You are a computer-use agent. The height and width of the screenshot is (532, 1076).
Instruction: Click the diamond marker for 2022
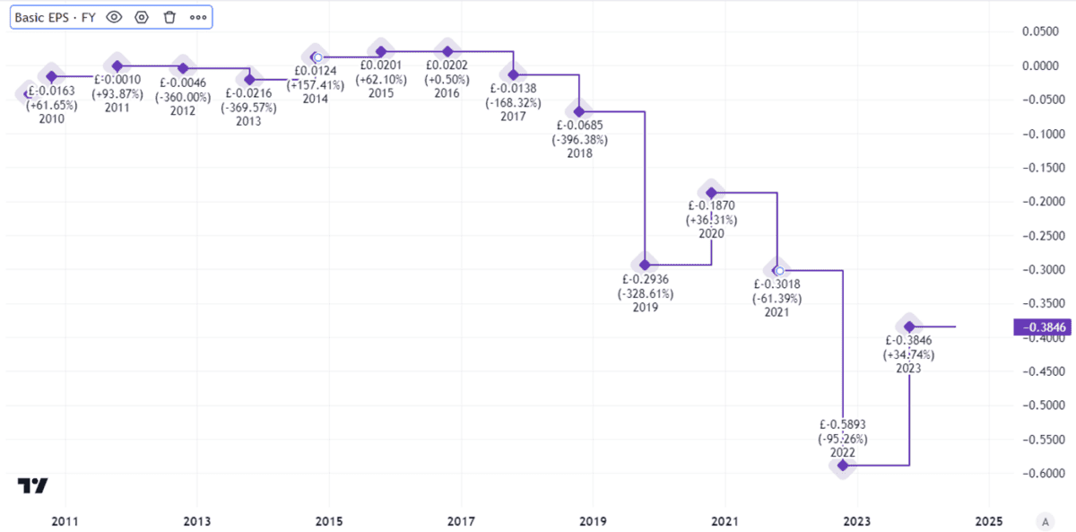click(843, 465)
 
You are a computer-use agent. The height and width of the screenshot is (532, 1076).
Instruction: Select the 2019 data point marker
click(645, 264)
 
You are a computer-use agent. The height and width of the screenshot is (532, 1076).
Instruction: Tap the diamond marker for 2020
click(711, 192)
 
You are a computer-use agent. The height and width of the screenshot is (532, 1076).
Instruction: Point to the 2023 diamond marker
click(909, 327)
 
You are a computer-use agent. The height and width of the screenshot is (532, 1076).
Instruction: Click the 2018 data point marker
click(579, 111)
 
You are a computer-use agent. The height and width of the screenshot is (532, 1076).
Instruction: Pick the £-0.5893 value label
click(843, 424)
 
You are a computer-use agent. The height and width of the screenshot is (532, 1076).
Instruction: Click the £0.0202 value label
click(447, 65)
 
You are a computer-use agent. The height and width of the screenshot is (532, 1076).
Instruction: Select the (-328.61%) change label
click(645, 293)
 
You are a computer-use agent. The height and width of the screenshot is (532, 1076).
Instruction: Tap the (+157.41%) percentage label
click(316, 85)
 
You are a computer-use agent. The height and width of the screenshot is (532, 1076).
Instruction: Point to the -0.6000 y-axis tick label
click(1044, 474)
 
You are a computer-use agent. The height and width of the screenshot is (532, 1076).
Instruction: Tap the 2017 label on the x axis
click(461, 520)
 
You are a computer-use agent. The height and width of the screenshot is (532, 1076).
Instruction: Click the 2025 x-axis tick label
click(988, 520)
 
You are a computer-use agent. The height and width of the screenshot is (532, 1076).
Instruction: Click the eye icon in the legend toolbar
click(113, 17)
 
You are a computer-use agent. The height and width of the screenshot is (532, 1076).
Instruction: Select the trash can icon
click(169, 17)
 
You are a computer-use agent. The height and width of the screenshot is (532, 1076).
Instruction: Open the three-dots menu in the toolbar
click(198, 17)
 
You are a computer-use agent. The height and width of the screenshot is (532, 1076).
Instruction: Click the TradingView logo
click(32, 485)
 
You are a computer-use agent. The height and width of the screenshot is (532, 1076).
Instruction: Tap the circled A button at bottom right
click(1044, 520)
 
